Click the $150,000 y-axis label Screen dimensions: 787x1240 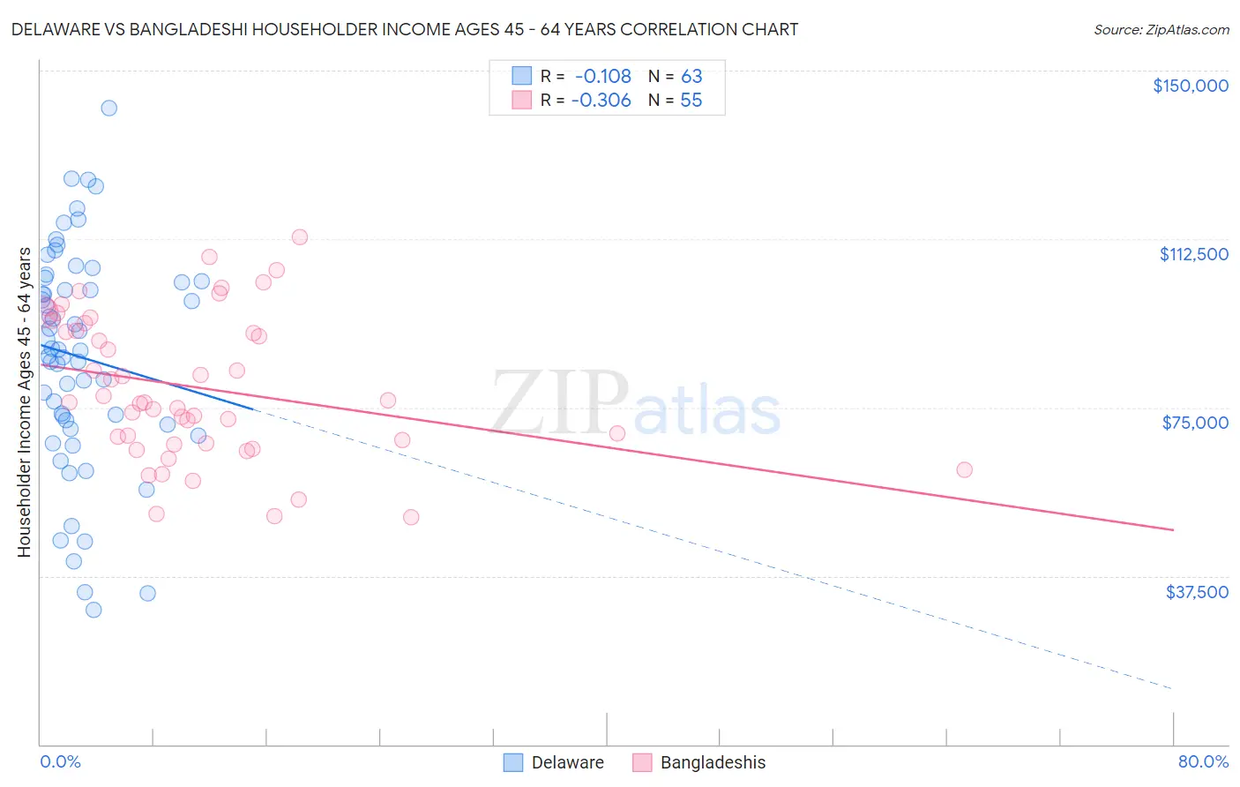pos(1190,86)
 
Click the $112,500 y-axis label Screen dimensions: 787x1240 pos(1193,254)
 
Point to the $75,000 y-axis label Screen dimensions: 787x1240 pos(1195,423)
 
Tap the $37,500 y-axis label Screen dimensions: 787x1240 pos(1197,592)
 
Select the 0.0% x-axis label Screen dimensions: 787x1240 pos(60,761)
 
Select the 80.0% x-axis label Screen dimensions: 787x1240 pos(1203,761)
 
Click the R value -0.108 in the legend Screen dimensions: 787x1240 pos(602,76)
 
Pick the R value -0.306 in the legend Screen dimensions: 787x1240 pos(601,100)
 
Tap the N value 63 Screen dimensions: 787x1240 pos(691,76)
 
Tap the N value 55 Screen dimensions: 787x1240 pos(691,100)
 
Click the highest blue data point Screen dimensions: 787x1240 pos(109,108)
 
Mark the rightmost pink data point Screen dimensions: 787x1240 pos(964,469)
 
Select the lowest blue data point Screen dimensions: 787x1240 pos(93,610)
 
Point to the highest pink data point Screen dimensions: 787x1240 pos(300,236)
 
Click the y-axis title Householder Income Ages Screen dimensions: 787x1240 pos(24,402)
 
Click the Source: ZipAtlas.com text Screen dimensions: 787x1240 pos(1161,29)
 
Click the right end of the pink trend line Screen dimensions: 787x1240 pos(1173,529)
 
